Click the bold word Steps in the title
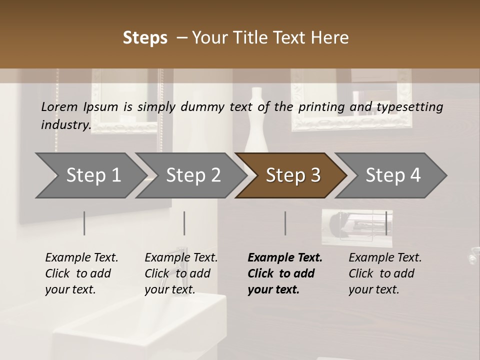[145, 38]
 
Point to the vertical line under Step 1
[84, 223]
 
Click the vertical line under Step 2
[184, 223]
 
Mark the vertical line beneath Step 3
[285, 223]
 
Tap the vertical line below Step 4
[386, 223]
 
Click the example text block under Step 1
[81, 273]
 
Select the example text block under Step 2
[181, 273]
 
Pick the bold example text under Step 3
[285, 273]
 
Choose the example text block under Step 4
[385, 273]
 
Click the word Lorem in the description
[59, 106]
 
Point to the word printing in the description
[322, 107]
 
